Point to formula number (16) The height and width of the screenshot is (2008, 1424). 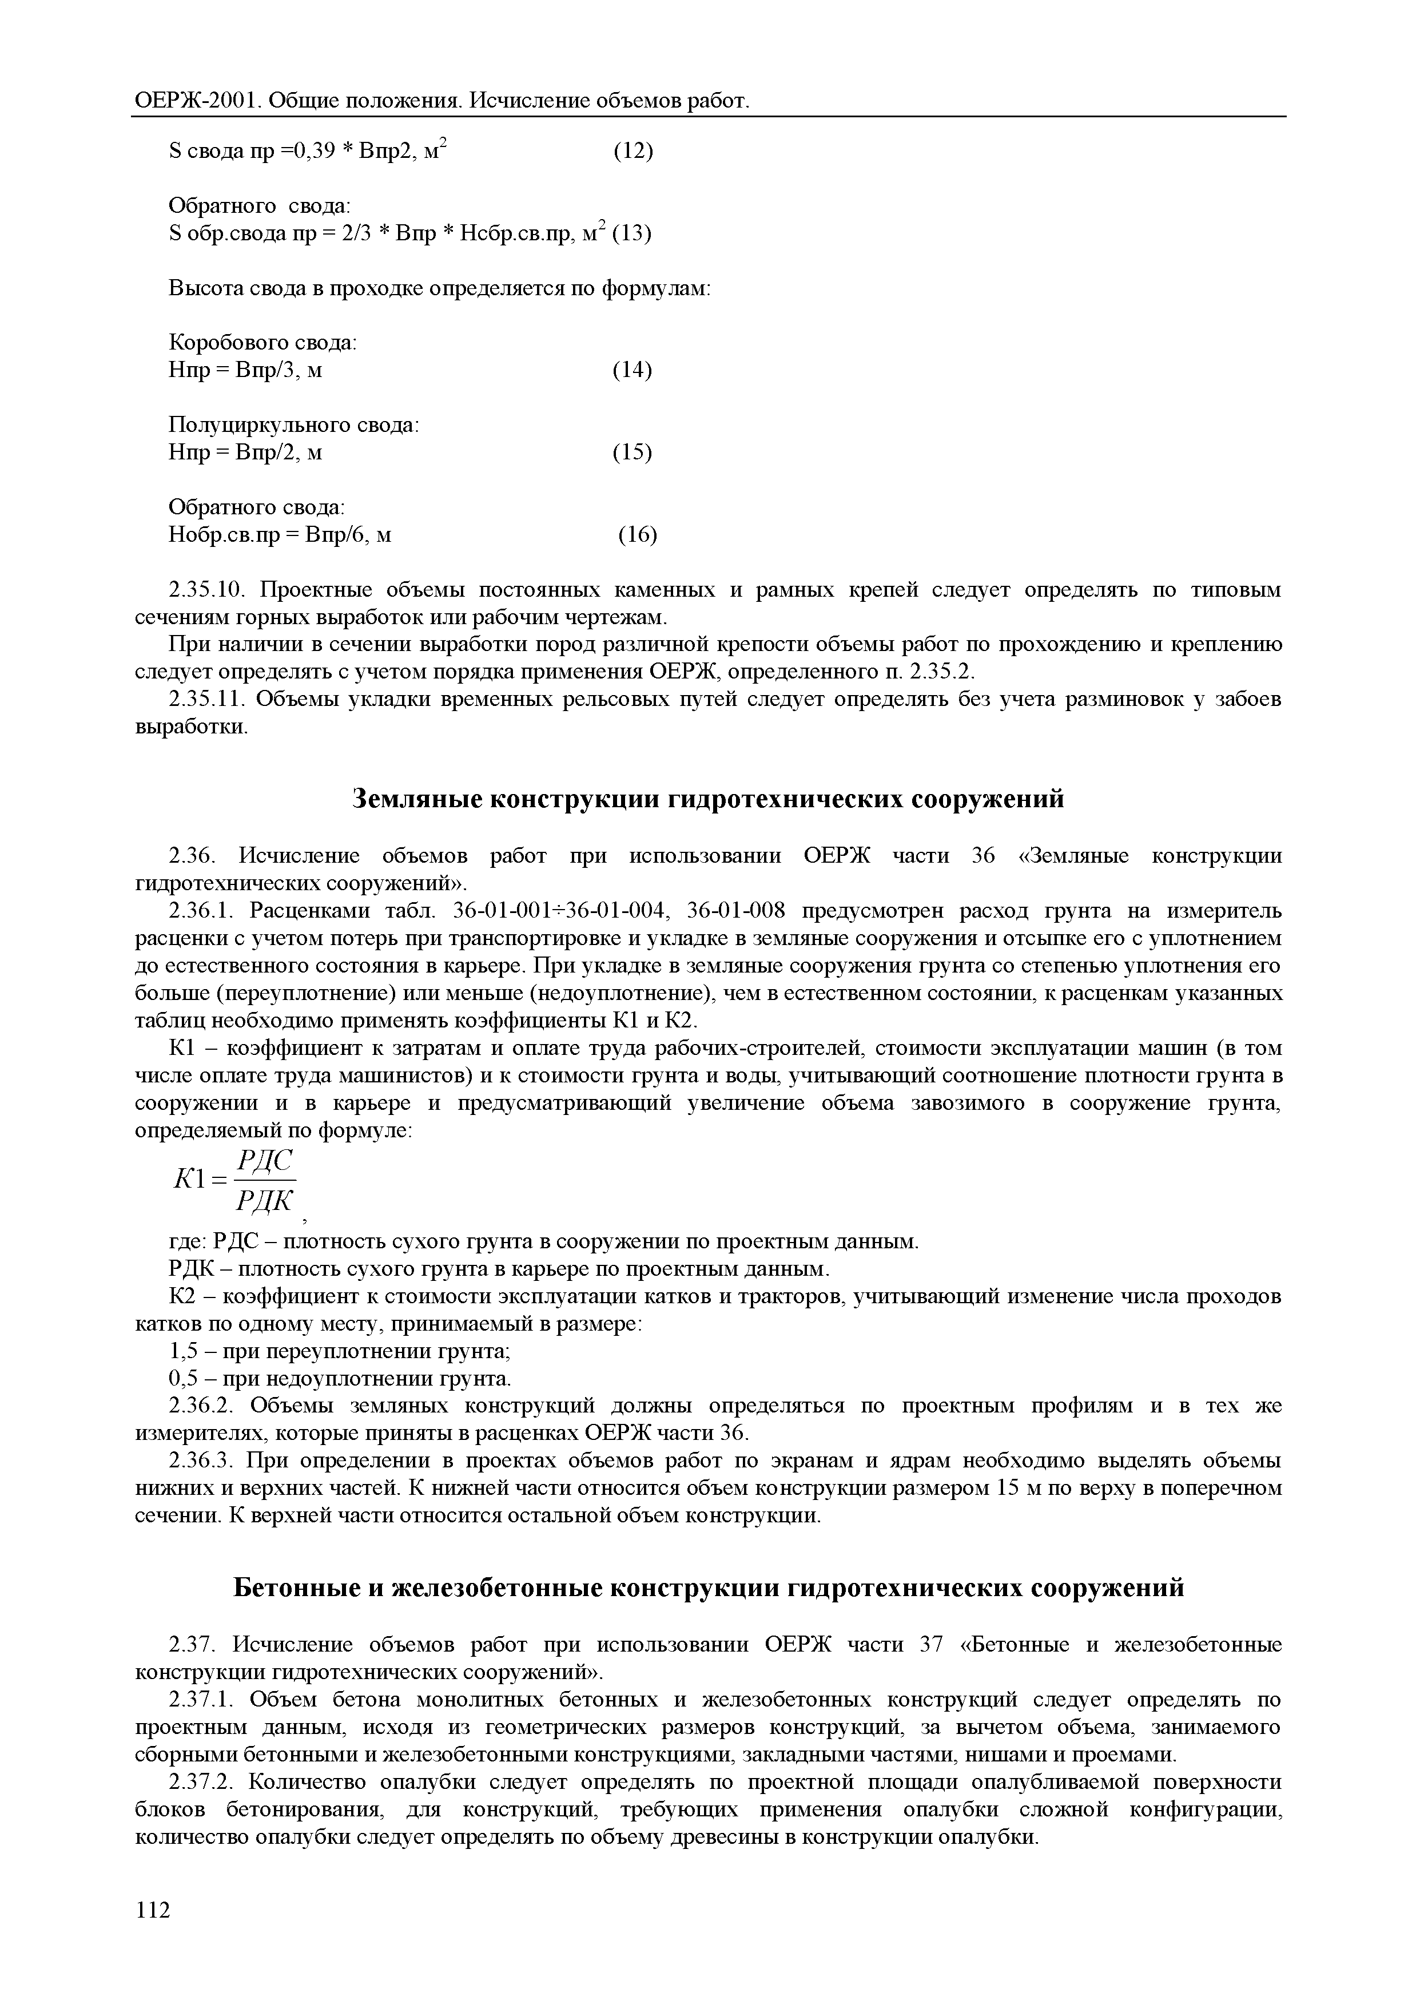pyautogui.click(x=638, y=534)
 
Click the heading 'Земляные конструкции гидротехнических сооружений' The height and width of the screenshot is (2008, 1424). pyautogui.click(x=709, y=799)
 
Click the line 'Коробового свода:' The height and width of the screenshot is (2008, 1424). pyautogui.click(x=262, y=343)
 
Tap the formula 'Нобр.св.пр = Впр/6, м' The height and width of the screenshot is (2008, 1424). pyautogui.click(x=280, y=534)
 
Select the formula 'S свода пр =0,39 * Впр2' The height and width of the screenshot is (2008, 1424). pyautogui.click(x=296, y=152)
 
